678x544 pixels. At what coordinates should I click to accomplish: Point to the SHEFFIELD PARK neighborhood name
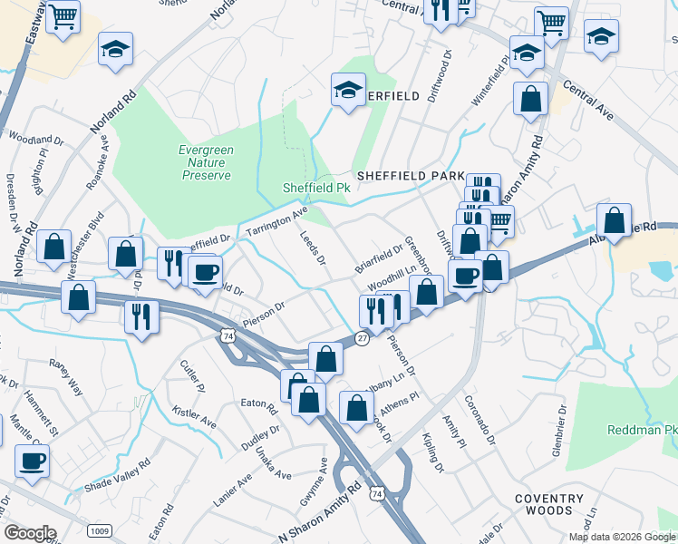tap(410, 176)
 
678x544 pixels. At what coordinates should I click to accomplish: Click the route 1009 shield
tap(99, 529)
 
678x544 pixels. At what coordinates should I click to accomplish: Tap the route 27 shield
tap(362, 338)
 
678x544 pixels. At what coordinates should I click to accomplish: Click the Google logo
tap(30, 533)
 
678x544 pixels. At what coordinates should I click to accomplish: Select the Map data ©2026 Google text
tap(621, 537)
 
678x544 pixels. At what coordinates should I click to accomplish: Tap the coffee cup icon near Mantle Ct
tap(33, 460)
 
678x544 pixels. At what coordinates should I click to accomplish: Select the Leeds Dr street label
tap(314, 248)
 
